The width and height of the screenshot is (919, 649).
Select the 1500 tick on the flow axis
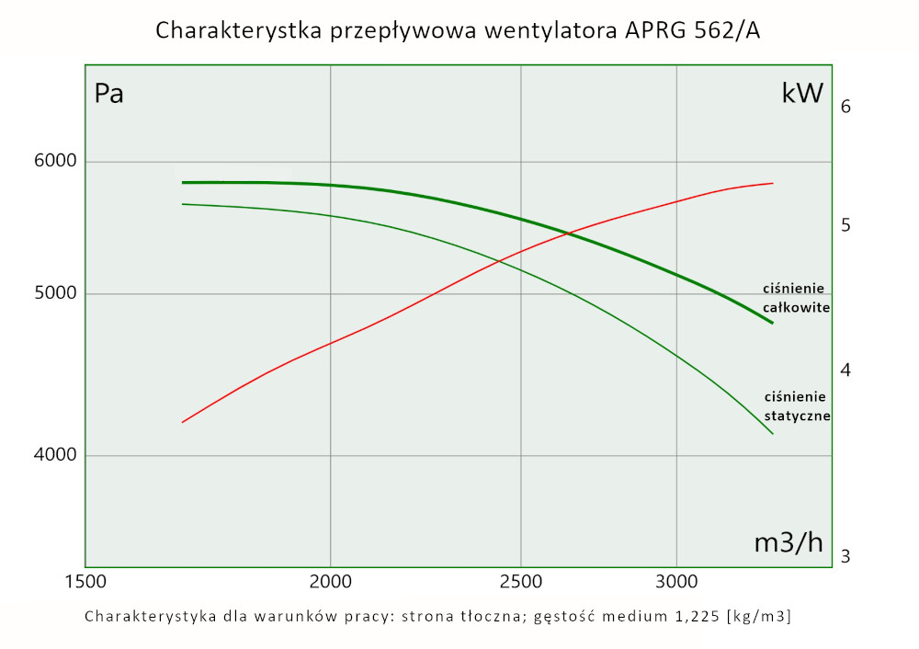pos(85,581)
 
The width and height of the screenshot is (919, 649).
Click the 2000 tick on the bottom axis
pos(330,581)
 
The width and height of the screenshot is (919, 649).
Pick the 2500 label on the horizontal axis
pos(520,581)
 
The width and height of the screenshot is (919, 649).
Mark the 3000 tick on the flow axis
pos(676,581)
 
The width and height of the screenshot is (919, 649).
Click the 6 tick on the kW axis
pos(845,107)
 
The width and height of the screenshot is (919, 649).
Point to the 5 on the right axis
pos(845,225)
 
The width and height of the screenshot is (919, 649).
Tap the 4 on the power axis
pos(845,370)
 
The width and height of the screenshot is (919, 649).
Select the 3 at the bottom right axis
pos(845,556)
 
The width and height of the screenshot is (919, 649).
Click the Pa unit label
pos(108,94)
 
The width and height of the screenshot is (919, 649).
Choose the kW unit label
pos(802,94)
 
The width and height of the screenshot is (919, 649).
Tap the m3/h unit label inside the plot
pos(789,542)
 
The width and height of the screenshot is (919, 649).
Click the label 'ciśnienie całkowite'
pos(796,297)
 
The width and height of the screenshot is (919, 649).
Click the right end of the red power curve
pos(773,183)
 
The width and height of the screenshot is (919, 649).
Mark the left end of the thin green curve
pos(182,204)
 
